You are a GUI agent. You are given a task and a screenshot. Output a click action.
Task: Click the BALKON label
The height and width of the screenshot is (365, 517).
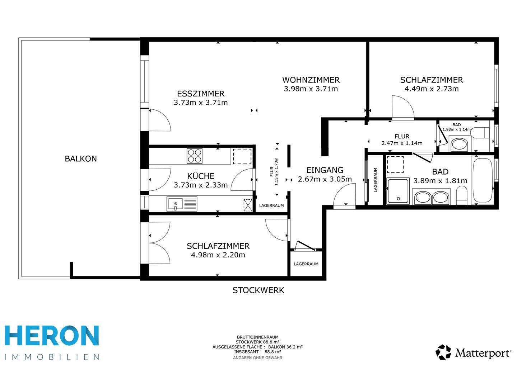(81, 159)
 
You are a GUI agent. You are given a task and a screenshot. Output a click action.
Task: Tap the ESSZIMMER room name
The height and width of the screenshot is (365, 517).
(201, 94)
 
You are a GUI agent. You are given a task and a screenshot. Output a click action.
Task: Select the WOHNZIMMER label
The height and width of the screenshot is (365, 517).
(311, 80)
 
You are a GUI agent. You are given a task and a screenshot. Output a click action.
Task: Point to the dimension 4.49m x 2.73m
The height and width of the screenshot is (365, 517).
(432, 89)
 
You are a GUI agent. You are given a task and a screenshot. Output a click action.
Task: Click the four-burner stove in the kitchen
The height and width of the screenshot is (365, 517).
(195, 156)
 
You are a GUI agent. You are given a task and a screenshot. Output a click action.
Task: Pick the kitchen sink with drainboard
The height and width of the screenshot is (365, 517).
(182, 204)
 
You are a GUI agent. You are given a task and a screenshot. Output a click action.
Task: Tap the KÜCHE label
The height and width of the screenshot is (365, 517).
(201, 176)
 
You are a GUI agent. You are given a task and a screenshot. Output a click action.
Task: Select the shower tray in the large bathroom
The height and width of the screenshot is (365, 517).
(398, 191)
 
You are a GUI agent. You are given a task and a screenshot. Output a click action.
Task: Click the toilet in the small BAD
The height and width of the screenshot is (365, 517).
(480, 133)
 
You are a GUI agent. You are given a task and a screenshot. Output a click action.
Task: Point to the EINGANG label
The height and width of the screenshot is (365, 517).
(325, 170)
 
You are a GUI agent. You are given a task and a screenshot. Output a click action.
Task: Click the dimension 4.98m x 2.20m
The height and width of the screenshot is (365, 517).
(218, 255)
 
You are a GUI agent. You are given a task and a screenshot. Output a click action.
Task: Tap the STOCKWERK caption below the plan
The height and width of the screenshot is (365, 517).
(258, 290)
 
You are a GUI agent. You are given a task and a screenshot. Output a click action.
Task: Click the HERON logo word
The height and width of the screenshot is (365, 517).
(52, 336)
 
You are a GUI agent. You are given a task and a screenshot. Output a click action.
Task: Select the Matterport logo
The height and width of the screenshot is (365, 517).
(473, 352)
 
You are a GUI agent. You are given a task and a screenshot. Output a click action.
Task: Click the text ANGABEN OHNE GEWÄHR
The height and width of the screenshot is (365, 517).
(257, 358)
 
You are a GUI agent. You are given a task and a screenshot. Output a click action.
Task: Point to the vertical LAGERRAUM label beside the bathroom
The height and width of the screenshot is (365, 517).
(375, 180)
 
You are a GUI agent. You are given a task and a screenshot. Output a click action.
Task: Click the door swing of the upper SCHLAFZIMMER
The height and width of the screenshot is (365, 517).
(403, 107)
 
